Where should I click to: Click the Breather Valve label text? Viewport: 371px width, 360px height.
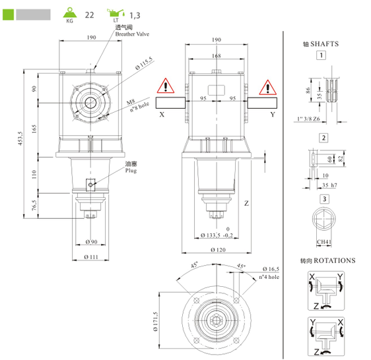pyautogui.click(x=132, y=34)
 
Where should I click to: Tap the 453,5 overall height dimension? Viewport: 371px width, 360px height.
pyautogui.click(x=20, y=138)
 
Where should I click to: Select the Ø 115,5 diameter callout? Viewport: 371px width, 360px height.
pyautogui.click(x=145, y=63)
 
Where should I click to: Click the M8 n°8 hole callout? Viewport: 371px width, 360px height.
pyautogui.click(x=139, y=105)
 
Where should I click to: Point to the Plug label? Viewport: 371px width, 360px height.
pyautogui.click(x=131, y=170)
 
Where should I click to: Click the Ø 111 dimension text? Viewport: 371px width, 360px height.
pyautogui.click(x=91, y=257)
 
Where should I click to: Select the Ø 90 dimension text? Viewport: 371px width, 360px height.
pyautogui.click(x=91, y=242)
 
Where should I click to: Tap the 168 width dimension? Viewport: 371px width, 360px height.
pyautogui.click(x=217, y=56)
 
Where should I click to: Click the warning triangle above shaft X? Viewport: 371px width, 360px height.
pyautogui.click(x=166, y=86)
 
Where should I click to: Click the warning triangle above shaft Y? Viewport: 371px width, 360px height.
pyautogui.click(x=268, y=87)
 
